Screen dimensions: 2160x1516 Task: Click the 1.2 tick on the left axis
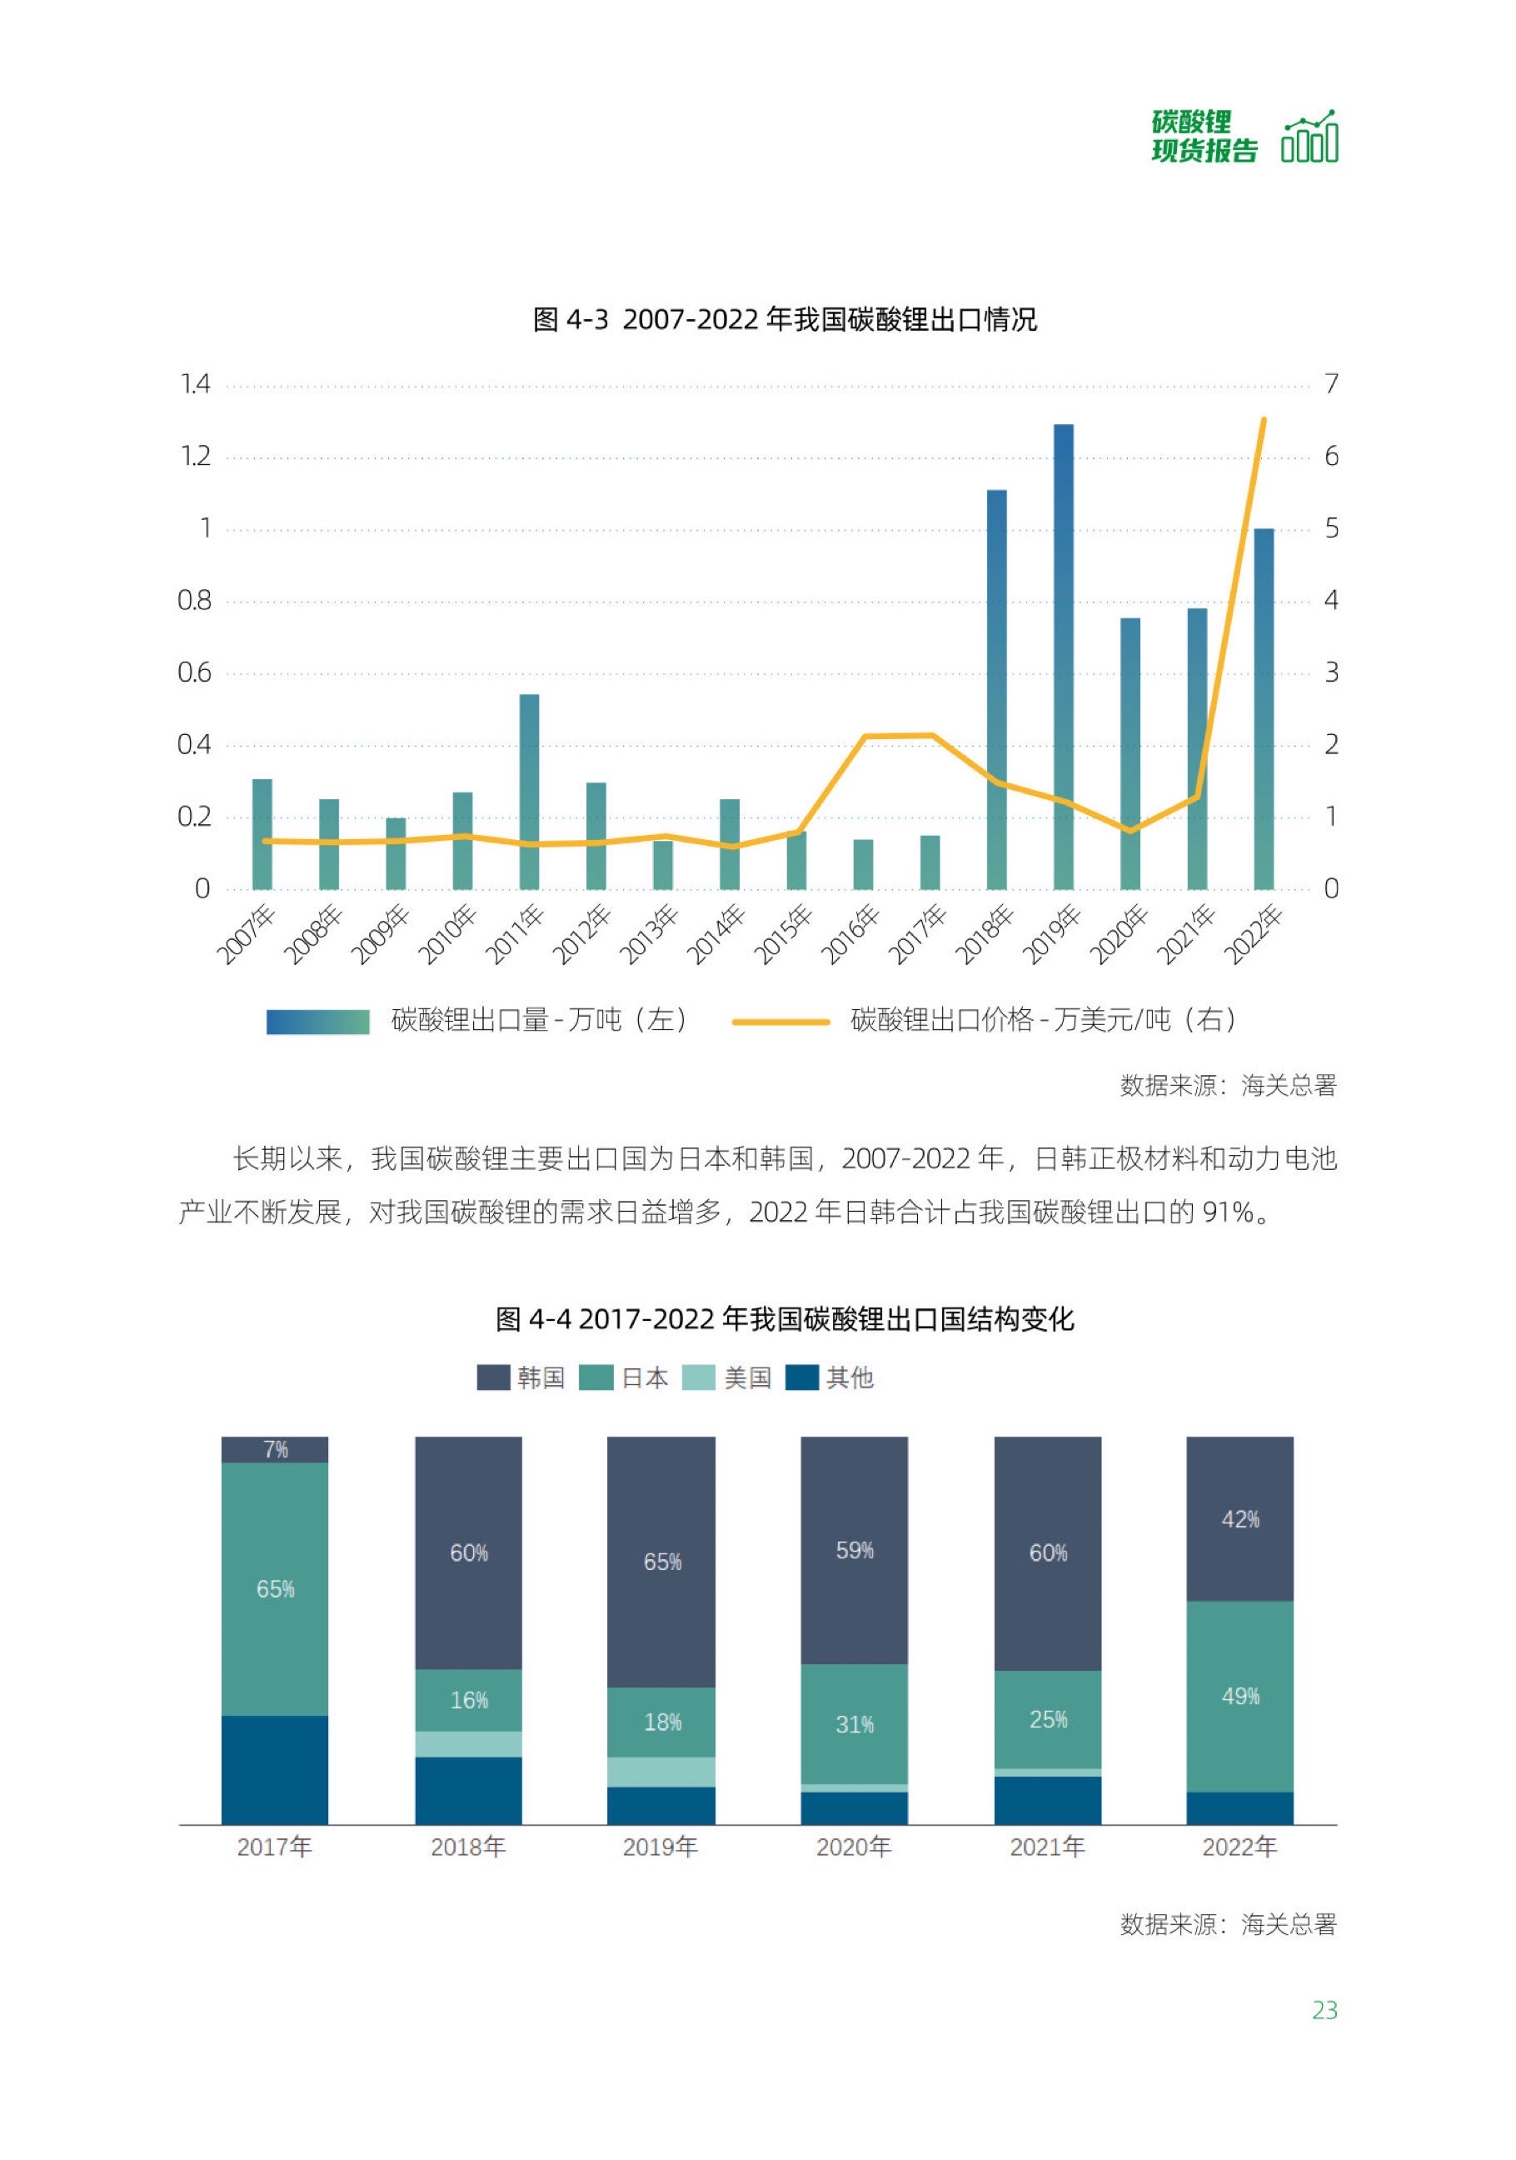coord(196,457)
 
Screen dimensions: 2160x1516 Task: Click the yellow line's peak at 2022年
coord(1263,419)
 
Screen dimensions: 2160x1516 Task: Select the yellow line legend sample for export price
coord(780,1022)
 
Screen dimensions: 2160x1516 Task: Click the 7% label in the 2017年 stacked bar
coord(276,1450)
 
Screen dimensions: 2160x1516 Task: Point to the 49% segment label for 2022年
coord(1239,1696)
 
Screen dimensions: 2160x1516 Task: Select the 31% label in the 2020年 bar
coord(854,1724)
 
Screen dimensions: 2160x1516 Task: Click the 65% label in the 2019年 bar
coord(662,1562)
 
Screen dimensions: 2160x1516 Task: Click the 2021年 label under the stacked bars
coord(1047,1847)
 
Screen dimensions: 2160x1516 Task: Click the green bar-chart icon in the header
coord(1309,137)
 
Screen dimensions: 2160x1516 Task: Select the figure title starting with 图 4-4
coord(785,1319)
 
